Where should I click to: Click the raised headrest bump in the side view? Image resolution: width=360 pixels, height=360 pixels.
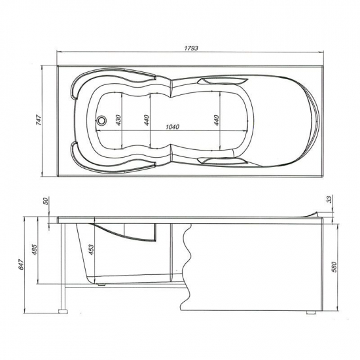point(312,213)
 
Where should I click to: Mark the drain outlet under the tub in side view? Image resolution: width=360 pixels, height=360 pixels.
point(101,283)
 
